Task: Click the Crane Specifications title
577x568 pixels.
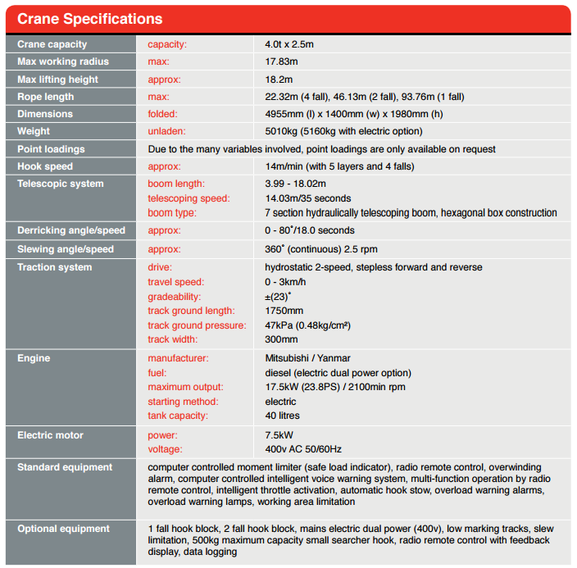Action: (90, 19)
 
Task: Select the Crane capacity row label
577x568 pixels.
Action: (52, 44)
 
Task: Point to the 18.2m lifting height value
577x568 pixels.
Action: (279, 80)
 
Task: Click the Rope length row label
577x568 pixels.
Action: (46, 97)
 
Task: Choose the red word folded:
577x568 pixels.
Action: (162, 114)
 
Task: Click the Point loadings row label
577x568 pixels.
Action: (51, 149)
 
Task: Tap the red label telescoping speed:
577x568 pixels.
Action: (189, 198)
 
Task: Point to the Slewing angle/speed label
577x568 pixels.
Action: (66, 249)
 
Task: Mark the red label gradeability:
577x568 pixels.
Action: (174, 297)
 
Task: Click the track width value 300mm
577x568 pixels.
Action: (281, 339)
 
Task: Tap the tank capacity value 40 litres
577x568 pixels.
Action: (283, 416)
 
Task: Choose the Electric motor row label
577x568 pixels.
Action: (50, 435)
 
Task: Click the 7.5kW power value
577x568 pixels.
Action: (279, 435)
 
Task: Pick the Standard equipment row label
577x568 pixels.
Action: (65, 467)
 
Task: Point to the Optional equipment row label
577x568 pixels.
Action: (65, 529)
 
